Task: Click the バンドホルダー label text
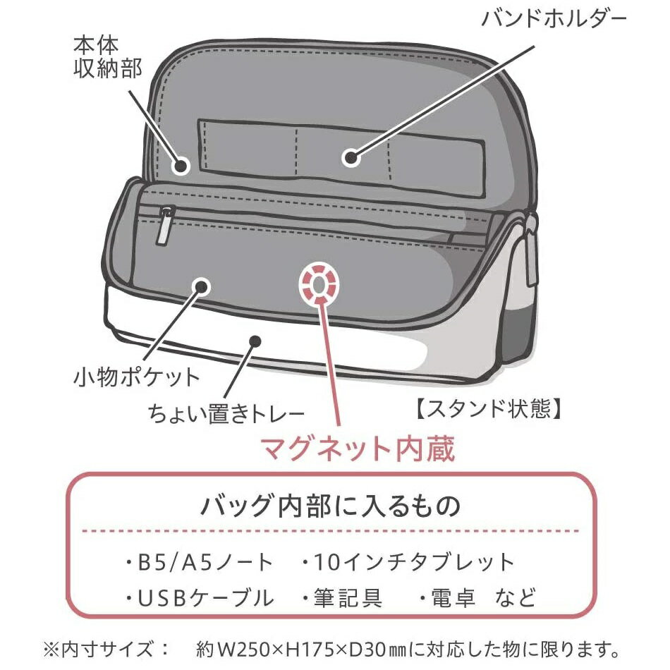554,19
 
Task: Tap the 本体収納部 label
107,57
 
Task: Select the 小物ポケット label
137,378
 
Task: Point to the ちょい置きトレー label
226,413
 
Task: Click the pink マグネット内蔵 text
358,449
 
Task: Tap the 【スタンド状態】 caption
487,408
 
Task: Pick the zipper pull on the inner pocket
164,226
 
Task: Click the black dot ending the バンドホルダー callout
351,158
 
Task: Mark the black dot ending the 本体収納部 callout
181,166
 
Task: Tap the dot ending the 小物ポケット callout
200,286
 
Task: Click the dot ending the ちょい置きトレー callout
255,340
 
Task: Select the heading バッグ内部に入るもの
330,506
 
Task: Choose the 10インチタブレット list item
408,562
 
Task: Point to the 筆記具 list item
342,597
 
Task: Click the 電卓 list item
447,597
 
